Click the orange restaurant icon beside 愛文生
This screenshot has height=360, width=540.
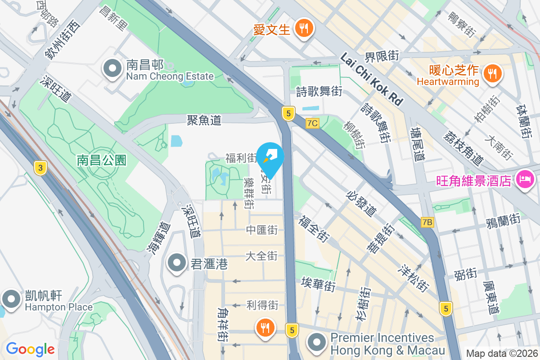305,29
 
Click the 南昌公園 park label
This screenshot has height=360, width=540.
101,160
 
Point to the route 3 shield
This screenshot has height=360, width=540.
40,168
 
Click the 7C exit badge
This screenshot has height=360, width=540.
312,123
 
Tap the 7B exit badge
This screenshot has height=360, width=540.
427,222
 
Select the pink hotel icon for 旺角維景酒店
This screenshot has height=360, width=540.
525,180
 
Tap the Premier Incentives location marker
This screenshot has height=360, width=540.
318,343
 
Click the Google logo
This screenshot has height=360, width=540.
30,349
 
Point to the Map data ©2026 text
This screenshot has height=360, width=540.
502,354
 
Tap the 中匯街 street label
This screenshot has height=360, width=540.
261,230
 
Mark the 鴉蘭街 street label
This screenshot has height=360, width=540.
503,220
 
